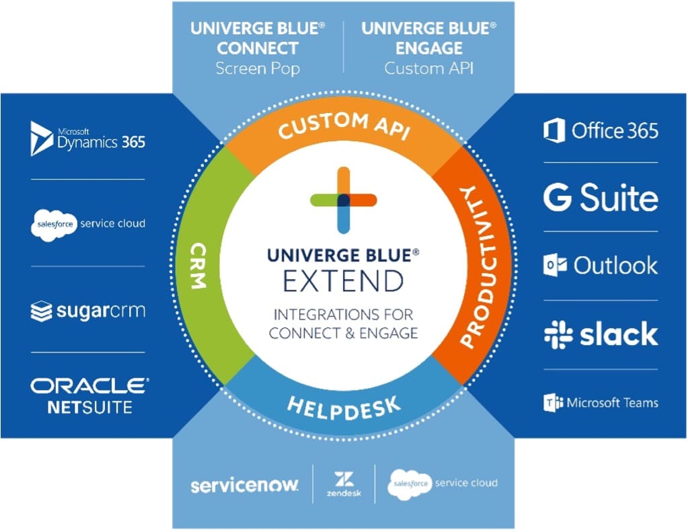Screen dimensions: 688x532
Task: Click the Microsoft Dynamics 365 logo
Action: (x=87, y=139)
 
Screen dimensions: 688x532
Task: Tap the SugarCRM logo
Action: (x=87, y=311)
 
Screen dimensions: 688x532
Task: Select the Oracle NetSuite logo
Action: (x=89, y=396)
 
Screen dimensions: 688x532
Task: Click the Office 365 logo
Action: (x=601, y=130)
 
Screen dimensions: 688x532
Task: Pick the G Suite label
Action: (x=601, y=197)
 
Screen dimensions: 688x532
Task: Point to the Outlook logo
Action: (x=601, y=265)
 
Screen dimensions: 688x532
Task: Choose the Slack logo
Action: (x=601, y=334)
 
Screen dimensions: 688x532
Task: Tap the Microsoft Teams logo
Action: (x=601, y=402)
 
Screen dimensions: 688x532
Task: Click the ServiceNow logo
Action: (x=244, y=485)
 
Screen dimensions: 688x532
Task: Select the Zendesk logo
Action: (x=344, y=484)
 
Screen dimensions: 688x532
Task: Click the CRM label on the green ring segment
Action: (x=199, y=266)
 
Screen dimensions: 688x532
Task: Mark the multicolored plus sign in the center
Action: (x=344, y=200)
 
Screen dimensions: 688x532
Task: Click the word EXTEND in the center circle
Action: (x=344, y=281)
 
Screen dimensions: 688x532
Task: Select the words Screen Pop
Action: (x=258, y=69)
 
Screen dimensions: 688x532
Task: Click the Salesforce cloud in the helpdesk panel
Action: (x=410, y=484)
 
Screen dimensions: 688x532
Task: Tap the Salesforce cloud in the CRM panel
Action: (x=54, y=225)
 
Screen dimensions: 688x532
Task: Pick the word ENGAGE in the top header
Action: (x=429, y=48)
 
